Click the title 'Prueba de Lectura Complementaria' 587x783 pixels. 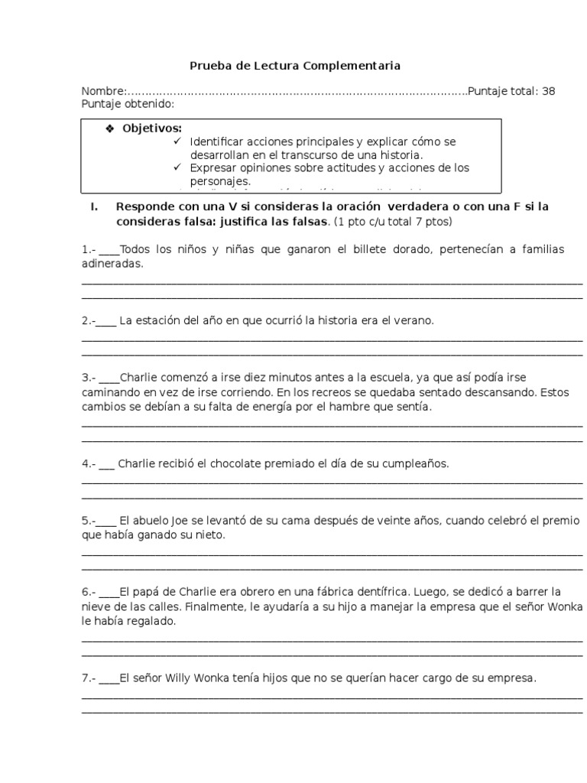[294, 67]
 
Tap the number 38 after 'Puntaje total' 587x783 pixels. [548, 92]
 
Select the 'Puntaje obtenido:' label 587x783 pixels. [128, 104]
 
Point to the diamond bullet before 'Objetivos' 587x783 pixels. [109, 128]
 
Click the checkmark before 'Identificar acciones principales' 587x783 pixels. [177, 141]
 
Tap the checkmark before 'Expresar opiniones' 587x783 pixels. [177, 167]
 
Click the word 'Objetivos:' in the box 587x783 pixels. [152, 128]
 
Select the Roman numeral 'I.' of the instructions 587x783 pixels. [96, 207]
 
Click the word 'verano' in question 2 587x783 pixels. [415, 320]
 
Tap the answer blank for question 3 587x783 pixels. [109, 379]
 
